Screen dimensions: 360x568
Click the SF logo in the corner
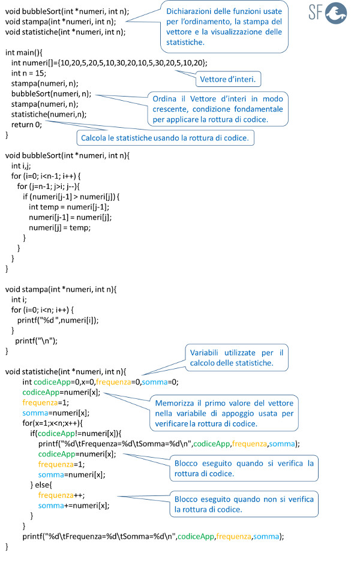pyautogui.click(x=328, y=13)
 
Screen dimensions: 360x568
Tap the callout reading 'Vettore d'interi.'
pyautogui.click(x=228, y=79)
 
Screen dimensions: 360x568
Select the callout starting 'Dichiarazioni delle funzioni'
pyautogui.click(x=224, y=26)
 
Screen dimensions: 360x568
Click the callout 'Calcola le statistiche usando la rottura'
pyautogui.click(x=165, y=138)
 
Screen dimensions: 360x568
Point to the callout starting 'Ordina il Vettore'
pyautogui.click(x=218, y=109)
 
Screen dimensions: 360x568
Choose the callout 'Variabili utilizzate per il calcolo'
pyautogui.click(x=237, y=357)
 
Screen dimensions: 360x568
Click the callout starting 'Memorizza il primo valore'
pyautogui.click(x=224, y=413)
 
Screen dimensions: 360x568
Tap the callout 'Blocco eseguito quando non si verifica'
pyautogui.click(x=244, y=504)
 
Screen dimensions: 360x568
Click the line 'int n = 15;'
pyautogui.click(x=29, y=73)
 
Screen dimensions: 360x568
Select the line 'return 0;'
pyautogui.click(x=26, y=125)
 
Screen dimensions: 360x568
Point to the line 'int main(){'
pyautogui.click(x=23, y=53)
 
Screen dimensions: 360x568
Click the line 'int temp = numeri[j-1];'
pyautogui.click(x=69, y=207)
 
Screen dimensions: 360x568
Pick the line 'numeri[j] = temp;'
pyautogui.click(x=60, y=228)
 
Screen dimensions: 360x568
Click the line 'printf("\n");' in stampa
pyautogui.click(x=36, y=341)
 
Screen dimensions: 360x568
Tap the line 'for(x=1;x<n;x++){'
pyautogui.click(x=53, y=423)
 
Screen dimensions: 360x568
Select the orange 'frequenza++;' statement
pyautogui.click(x=61, y=495)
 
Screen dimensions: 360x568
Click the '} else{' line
pyautogui.click(x=41, y=485)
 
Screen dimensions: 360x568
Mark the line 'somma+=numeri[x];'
pyautogui.click(x=74, y=506)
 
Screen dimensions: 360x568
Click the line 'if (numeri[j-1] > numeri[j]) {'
pyautogui.click(x=71, y=197)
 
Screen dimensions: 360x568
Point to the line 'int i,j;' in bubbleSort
pyautogui.click(x=21, y=166)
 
